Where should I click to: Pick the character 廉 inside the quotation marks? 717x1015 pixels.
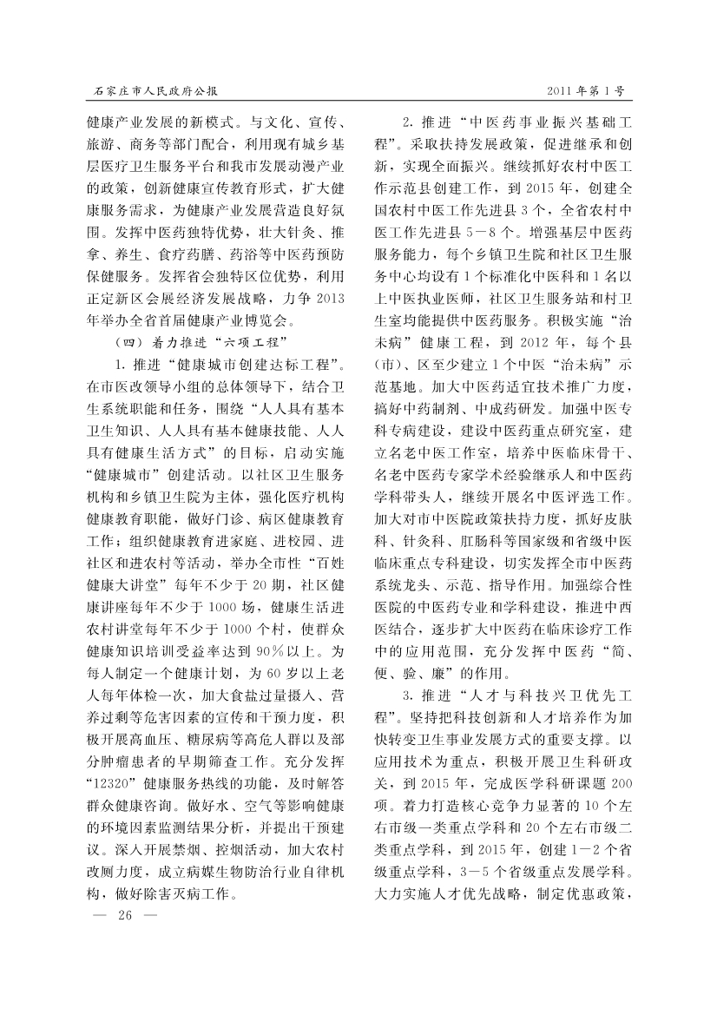click(x=465, y=672)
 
